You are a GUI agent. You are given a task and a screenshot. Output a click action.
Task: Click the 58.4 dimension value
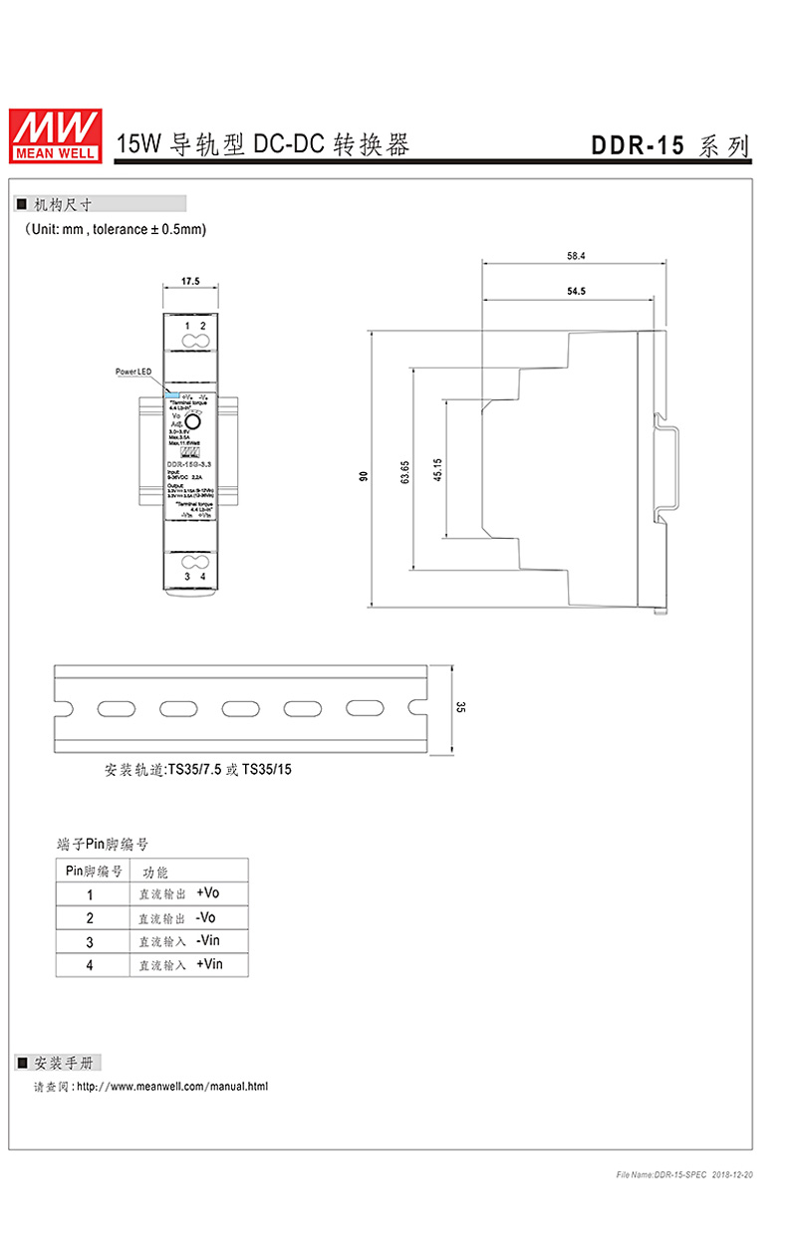point(576,256)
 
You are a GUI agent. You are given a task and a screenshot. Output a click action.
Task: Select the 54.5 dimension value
point(576,292)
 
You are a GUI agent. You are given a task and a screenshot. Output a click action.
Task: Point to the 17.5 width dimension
point(191,282)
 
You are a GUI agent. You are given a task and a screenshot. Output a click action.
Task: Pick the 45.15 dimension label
point(437,470)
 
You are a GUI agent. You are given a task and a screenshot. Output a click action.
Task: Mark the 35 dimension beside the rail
point(460,707)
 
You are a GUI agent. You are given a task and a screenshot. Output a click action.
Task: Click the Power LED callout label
point(132,372)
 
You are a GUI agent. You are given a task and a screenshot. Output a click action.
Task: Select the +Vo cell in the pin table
point(207,892)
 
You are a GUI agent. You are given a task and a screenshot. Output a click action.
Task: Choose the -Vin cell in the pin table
point(207,940)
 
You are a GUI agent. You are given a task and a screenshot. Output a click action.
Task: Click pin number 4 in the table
point(90,965)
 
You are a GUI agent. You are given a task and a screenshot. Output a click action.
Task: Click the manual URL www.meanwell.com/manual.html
point(172,1086)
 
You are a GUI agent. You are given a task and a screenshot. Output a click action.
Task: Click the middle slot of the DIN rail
point(238,707)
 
